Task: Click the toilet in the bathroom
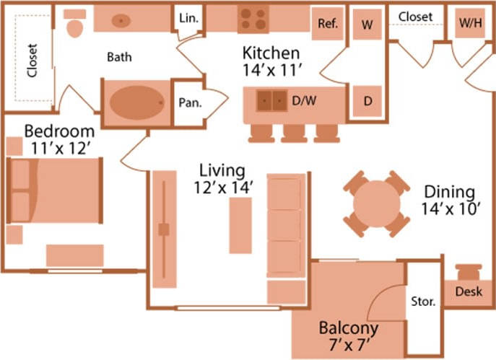pos(74,26)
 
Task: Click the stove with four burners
pos(253,19)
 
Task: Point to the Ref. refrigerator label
pos(328,23)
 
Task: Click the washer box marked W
pos(367,23)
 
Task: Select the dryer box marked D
pos(367,101)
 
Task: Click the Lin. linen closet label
pos(186,18)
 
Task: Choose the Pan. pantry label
pos(189,102)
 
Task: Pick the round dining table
pos(376,204)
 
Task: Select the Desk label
pos(469,292)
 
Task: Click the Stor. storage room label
pos(422,301)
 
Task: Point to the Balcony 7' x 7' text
pos(349,335)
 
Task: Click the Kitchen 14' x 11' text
pos(270,62)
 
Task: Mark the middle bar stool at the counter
pos(293,133)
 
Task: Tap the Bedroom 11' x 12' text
pos(59,139)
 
